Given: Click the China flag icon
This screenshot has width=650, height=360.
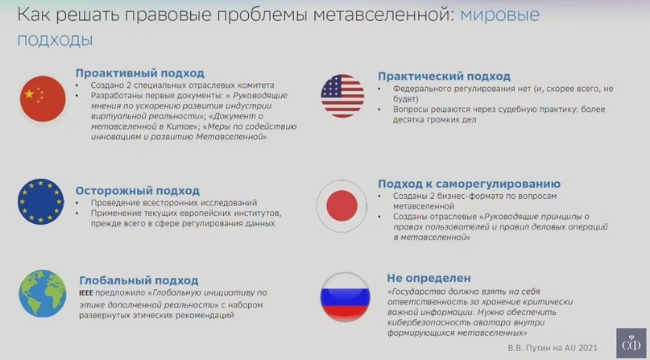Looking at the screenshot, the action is coord(43,98).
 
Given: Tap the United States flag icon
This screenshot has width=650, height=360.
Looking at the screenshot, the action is coord(342,96).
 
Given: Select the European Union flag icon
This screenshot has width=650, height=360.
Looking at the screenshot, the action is coord(40,202).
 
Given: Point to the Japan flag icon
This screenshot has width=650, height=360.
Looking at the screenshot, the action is coord(342,206).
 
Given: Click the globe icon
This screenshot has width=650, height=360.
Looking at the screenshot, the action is coord(42,294).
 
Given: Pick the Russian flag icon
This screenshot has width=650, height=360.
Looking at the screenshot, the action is coord(345,297).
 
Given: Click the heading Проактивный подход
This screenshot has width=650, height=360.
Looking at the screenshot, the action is coord(139,73).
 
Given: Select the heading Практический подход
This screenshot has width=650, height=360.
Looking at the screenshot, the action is coord(444,77).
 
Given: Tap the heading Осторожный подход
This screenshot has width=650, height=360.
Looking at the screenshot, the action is coord(137,191).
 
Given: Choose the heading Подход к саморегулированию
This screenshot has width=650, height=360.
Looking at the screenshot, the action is coord(469,184).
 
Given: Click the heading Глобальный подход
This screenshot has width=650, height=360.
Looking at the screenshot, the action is coord(139,280).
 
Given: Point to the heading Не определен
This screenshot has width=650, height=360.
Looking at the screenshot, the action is coord(429,278).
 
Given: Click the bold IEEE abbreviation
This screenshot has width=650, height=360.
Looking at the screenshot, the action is coord(86,293).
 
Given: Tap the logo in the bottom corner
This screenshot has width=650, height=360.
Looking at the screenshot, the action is coord(631,343).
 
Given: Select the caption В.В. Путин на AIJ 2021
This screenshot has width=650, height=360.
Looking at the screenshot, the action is coord(553,348).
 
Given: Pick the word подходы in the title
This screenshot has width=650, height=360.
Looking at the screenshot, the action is coord(55,40).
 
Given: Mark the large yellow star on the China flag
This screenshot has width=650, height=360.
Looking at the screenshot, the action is coord(29,94).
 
